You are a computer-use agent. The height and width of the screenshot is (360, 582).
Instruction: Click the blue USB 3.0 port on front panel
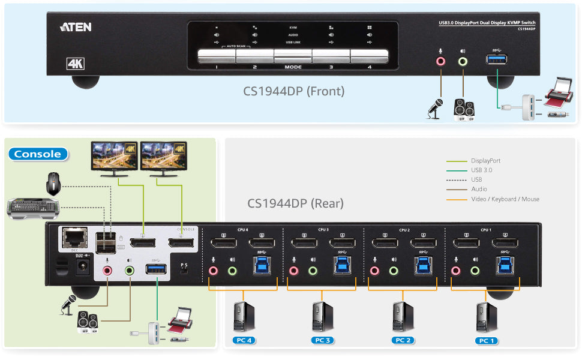click(496, 59)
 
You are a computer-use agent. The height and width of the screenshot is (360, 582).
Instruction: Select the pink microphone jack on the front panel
click(441, 61)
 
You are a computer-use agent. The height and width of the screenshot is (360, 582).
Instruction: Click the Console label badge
click(38, 154)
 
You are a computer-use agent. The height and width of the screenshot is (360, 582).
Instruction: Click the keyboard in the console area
click(34, 208)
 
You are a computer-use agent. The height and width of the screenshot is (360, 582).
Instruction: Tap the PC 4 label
click(244, 341)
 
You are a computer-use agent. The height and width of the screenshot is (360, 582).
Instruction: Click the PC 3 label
click(322, 341)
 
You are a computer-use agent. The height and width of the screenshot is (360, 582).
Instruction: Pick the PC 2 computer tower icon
click(402, 317)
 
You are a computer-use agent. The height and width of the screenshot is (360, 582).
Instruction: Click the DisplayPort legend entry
click(485, 161)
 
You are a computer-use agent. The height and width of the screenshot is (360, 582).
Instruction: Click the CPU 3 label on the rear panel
click(323, 229)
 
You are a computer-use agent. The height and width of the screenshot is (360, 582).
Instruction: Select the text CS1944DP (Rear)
click(295, 203)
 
